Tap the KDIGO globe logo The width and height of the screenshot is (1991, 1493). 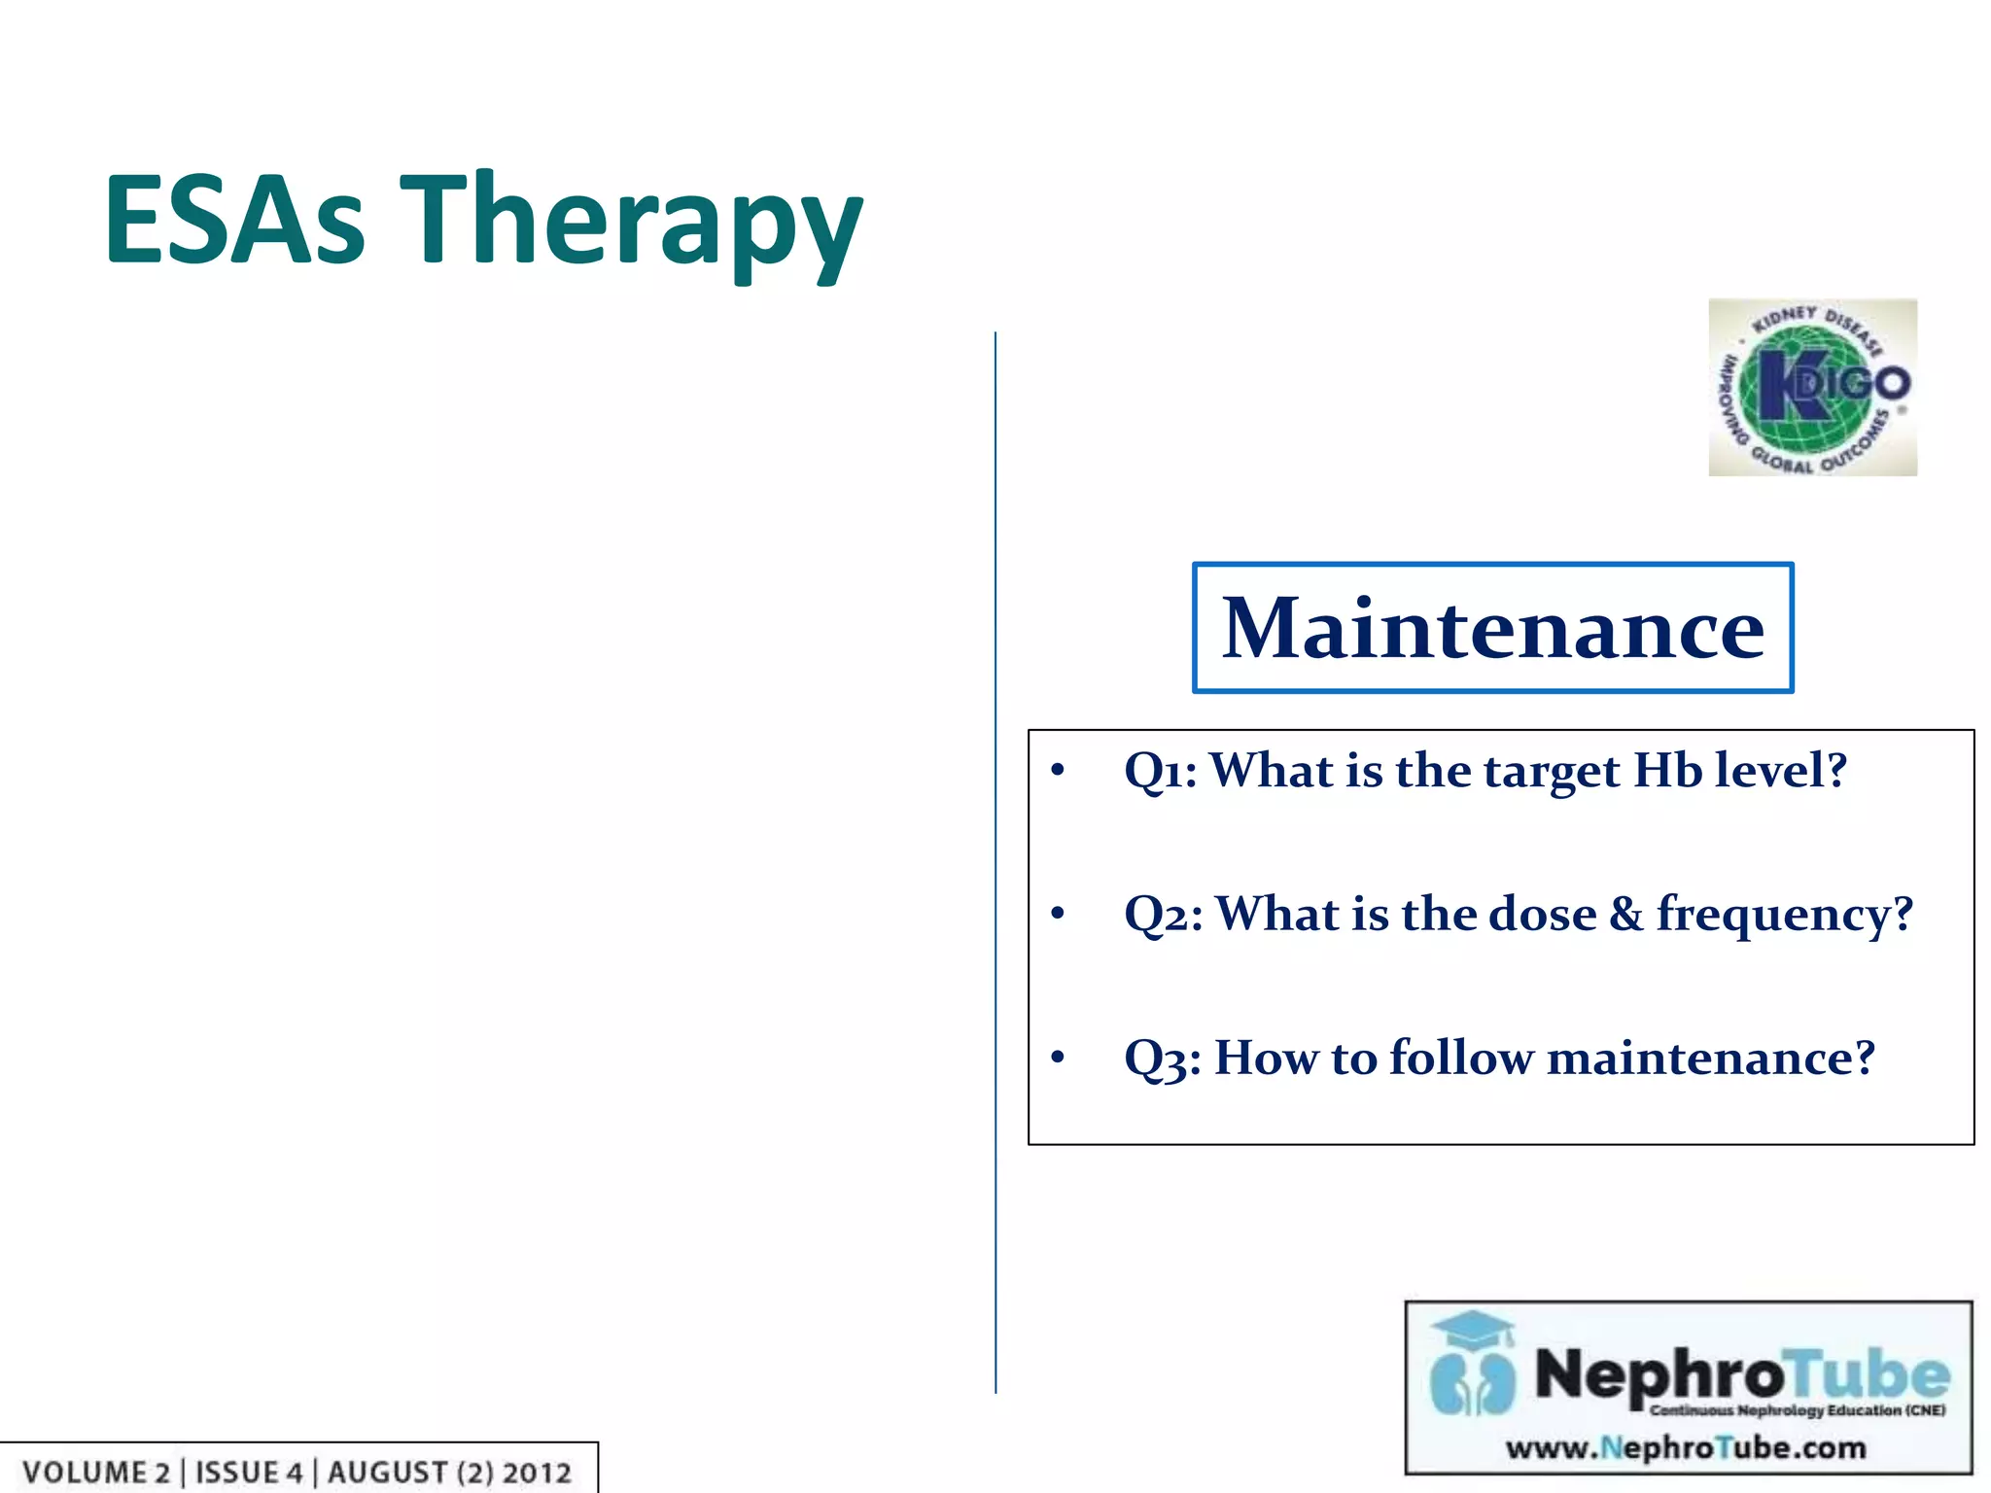[1812, 387]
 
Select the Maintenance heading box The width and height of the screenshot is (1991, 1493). [1492, 628]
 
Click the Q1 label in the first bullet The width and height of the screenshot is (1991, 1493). [1158, 772]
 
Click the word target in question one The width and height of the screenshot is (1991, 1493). [1552, 772]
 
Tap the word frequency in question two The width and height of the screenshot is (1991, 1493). [1784, 916]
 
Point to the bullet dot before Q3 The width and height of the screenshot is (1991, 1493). [1058, 1057]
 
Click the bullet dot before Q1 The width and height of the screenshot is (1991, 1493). [1058, 771]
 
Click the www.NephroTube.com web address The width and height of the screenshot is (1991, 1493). [1686, 1448]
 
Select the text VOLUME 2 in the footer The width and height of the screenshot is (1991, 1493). [95, 1472]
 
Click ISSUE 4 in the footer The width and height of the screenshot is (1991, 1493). [249, 1472]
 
